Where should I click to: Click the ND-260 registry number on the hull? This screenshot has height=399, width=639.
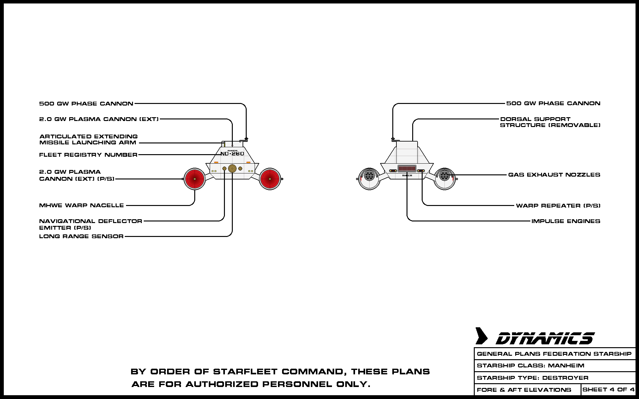coord(232,154)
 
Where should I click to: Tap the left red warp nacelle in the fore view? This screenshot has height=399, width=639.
coord(195,179)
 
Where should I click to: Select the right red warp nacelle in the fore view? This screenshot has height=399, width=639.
coord(270,179)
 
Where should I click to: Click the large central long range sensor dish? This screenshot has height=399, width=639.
coord(232,168)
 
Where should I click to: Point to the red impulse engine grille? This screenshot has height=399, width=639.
coord(407,168)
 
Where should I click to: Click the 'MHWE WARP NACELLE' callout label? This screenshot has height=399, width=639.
coord(81,205)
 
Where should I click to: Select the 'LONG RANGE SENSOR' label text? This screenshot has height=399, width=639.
coord(81,236)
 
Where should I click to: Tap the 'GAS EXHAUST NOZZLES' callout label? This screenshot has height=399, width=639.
coord(554,175)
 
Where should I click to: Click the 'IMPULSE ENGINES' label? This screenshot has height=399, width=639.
coord(566,221)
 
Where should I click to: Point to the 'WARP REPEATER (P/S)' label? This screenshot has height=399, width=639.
coord(558,206)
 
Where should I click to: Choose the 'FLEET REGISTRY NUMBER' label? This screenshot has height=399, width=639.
coord(88,155)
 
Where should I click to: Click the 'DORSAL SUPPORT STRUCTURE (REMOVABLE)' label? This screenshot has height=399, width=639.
coord(550,122)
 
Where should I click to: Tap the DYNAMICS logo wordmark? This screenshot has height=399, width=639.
coord(545,338)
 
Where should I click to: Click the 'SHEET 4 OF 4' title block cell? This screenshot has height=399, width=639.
coord(608,390)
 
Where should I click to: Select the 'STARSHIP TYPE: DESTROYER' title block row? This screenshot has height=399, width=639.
coord(533,378)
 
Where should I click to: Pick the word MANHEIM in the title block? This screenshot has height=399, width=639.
coord(566,366)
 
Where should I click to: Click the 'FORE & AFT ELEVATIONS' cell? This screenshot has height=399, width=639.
coord(524,390)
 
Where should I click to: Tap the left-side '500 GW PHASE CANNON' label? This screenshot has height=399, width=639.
coord(86,104)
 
